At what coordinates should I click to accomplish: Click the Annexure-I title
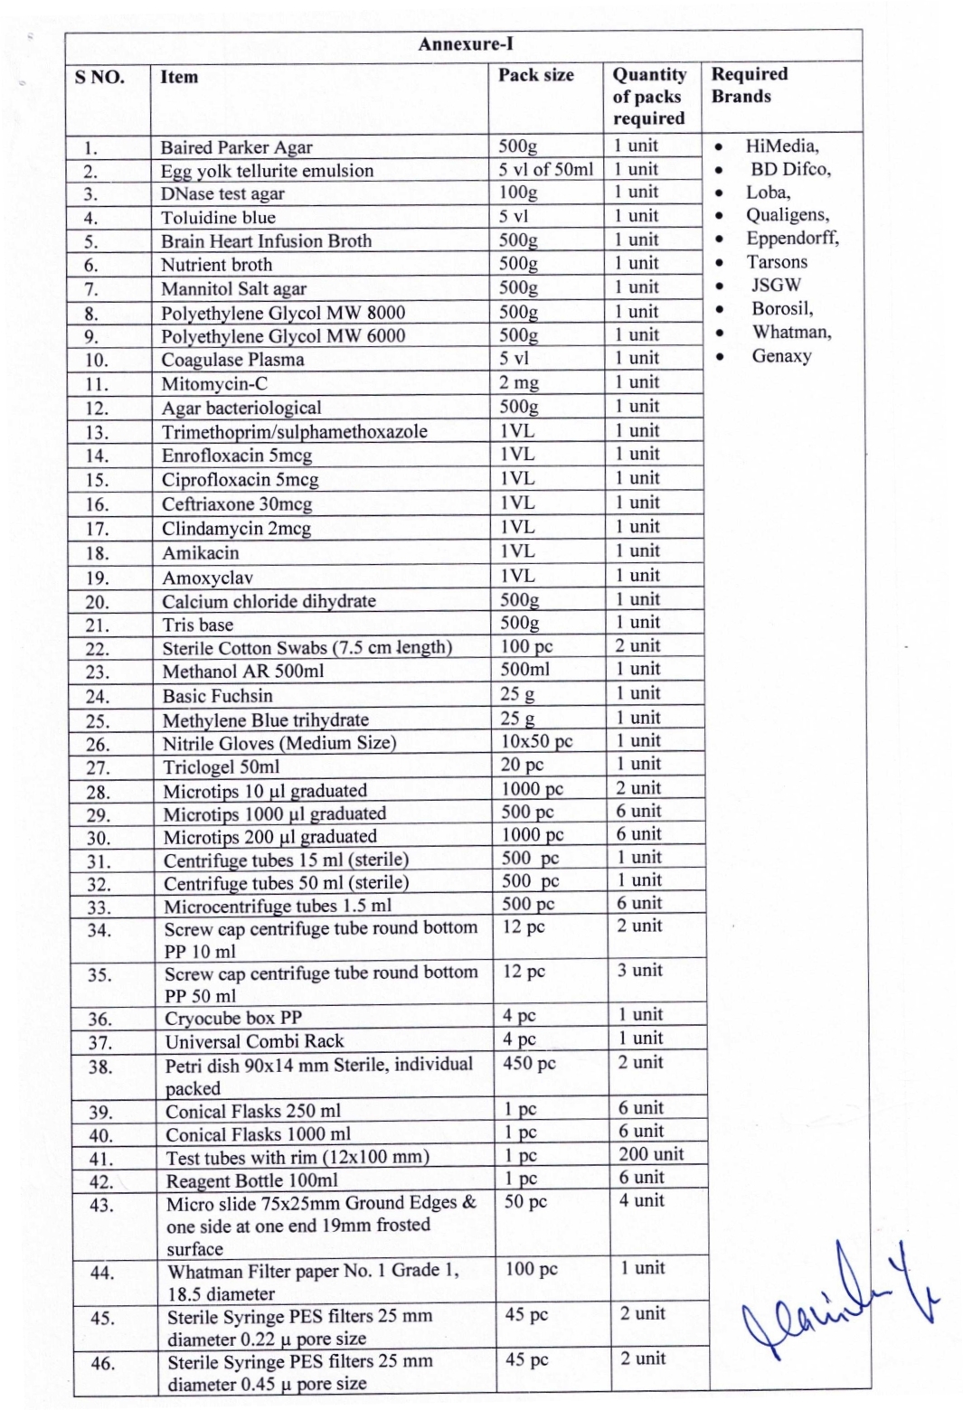point(465,44)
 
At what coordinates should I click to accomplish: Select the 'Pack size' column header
point(536,75)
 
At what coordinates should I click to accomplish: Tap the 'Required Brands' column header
point(749,85)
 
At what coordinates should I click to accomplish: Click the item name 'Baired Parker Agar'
point(236,147)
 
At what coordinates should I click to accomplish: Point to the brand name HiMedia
point(781,146)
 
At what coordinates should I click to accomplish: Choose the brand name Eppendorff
point(791,239)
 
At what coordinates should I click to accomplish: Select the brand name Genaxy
point(781,356)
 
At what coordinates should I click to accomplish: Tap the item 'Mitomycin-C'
point(214,383)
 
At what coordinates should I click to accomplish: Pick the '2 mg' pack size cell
point(519,382)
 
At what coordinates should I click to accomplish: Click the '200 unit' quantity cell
point(651,1154)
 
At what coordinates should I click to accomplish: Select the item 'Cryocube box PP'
point(233,1018)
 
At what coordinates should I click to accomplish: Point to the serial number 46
point(102,1363)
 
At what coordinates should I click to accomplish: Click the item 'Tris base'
point(197,625)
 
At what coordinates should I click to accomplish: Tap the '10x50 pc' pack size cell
point(537,741)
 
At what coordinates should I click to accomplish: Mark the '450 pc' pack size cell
point(530,1064)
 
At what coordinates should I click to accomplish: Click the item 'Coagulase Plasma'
point(232,360)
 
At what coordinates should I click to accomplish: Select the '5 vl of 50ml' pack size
point(546,169)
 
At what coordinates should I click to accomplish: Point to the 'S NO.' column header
point(99,77)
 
